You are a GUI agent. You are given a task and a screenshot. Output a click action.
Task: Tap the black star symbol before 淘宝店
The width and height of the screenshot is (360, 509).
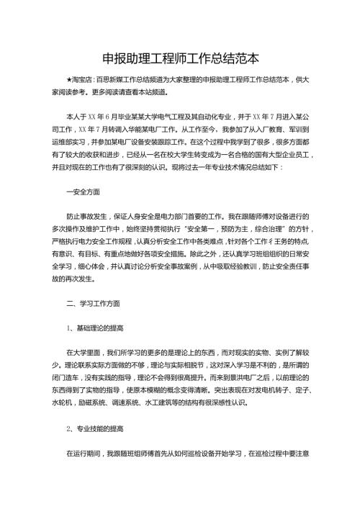pos(68,81)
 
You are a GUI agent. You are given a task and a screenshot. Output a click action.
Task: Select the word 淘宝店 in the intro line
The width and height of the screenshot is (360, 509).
pos(81,81)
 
